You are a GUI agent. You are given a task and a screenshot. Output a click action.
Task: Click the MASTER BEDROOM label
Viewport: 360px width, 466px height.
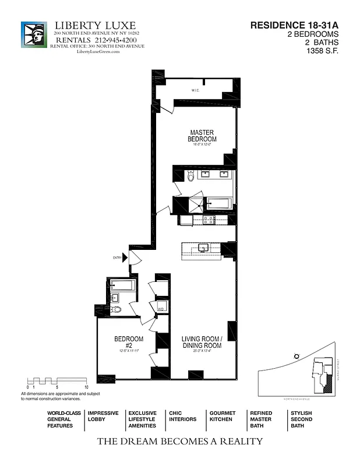[x=202, y=136]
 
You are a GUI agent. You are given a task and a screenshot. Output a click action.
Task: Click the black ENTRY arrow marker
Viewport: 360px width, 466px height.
[x=125, y=257]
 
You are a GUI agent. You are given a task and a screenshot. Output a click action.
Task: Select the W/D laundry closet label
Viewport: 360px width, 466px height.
[x=161, y=308]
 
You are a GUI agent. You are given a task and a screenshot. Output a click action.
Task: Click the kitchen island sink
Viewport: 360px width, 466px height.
[x=204, y=248]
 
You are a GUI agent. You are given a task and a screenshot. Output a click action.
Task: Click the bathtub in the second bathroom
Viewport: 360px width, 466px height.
[x=123, y=285]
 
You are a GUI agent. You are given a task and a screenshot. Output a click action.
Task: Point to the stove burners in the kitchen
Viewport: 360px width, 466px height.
[x=207, y=220]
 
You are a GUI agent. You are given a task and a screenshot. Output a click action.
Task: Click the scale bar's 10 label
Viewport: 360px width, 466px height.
[x=86, y=387]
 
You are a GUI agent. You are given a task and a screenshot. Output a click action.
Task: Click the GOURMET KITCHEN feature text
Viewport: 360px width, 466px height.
[x=222, y=416]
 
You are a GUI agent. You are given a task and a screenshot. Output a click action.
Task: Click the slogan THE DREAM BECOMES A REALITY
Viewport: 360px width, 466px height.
[x=179, y=441]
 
